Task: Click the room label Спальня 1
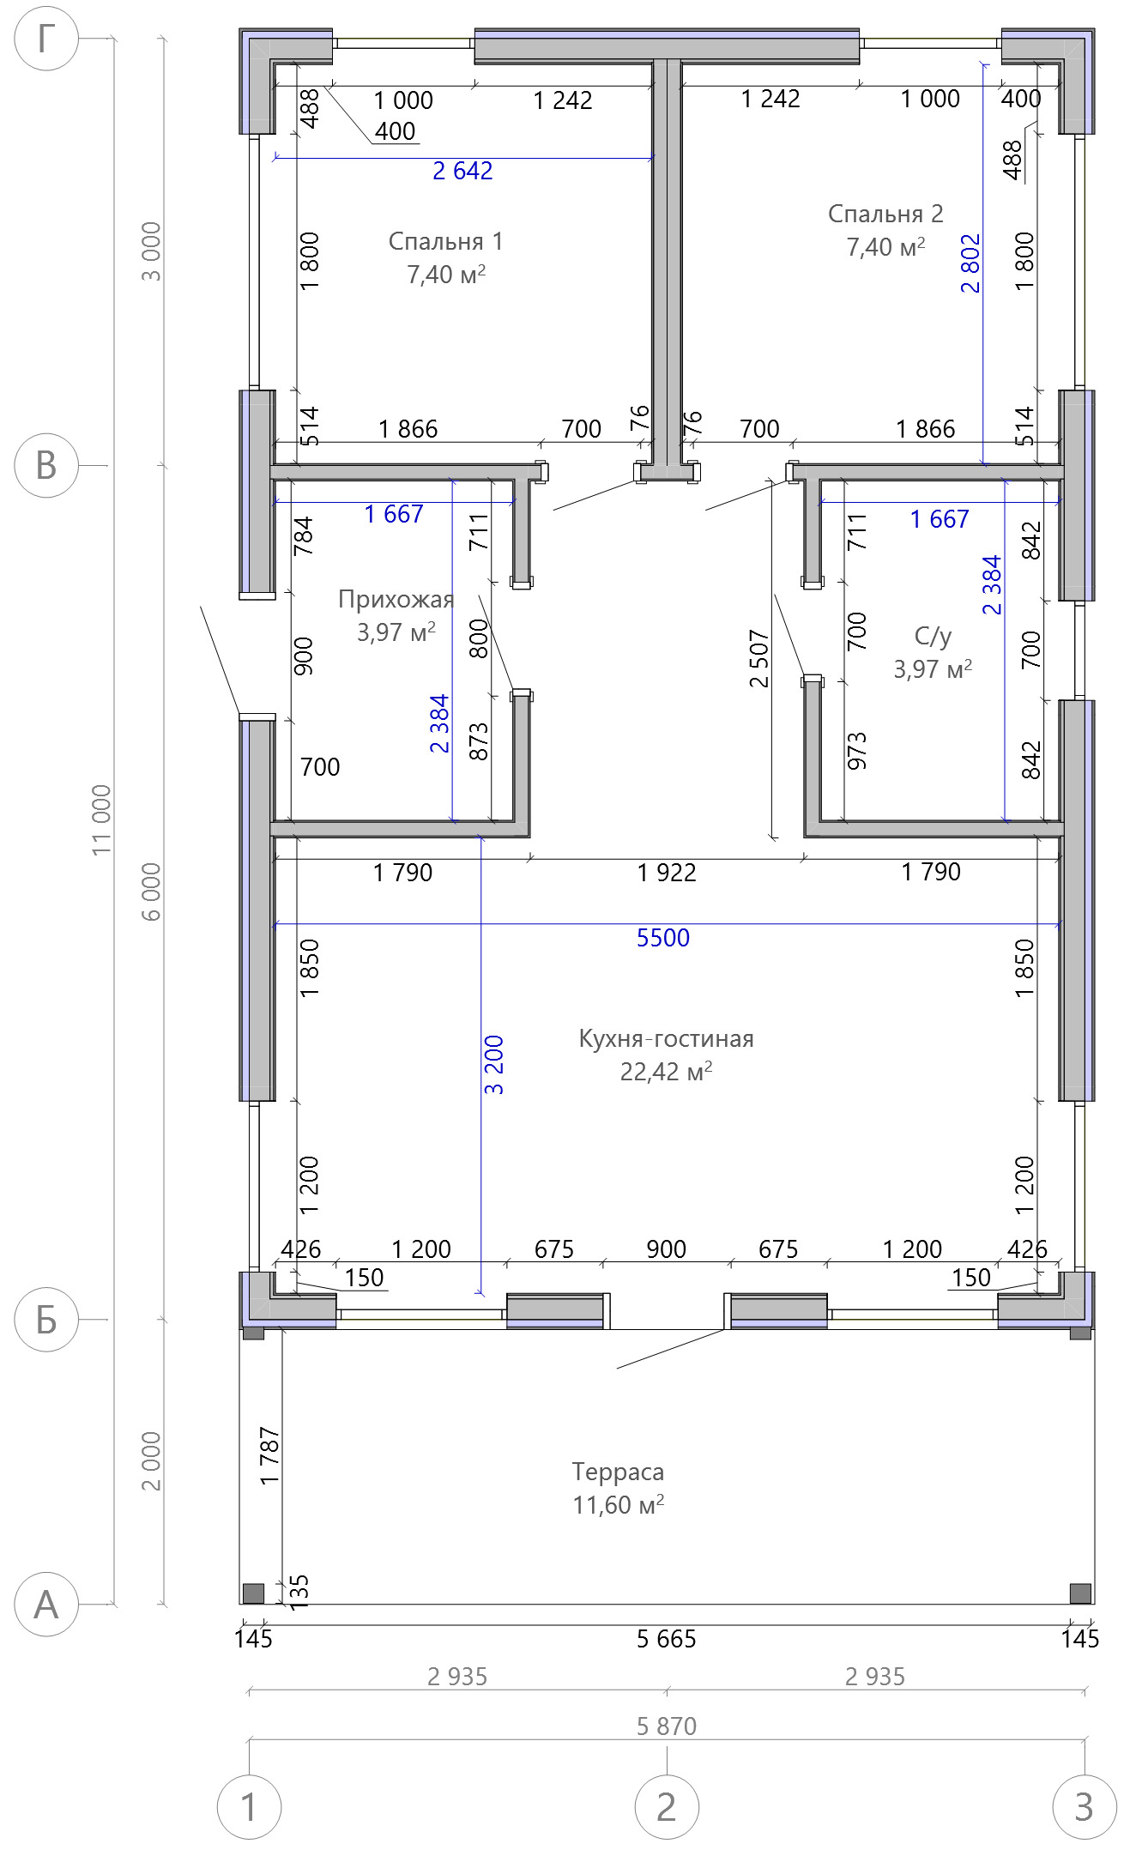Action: pyautogui.click(x=445, y=241)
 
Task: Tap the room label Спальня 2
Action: pyautogui.click(x=885, y=214)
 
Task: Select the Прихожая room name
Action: pyautogui.click(x=396, y=599)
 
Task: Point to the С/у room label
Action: pyautogui.click(x=933, y=636)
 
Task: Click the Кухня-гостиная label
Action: pyautogui.click(x=667, y=1038)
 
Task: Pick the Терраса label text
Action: pyautogui.click(x=618, y=1472)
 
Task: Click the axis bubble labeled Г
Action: pyautogui.click(x=46, y=39)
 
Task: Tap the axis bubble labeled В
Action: pyautogui.click(x=46, y=466)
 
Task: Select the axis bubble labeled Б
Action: pyautogui.click(x=46, y=1320)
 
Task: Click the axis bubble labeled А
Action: pyautogui.click(x=46, y=1605)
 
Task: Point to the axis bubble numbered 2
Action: pyautogui.click(x=667, y=1807)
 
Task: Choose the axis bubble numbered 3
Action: pyautogui.click(x=1085, y=1807)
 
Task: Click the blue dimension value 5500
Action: pyautogui.click(x=663, y=938)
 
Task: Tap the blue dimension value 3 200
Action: pyautogui.click(x=494, y=1066)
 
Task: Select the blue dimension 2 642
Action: pyautogui.click(x=462, y=171)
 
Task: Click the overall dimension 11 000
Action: pyautogui.click(x=102, y=819)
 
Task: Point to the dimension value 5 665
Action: pyautogui.click(x=667, y=1639)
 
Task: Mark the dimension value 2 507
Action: pyautogui.click(x=759, y=659)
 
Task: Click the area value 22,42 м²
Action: pyautogui.click(x=667, y=1071)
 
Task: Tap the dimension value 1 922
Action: pyautogui.click(x=667, y=873)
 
